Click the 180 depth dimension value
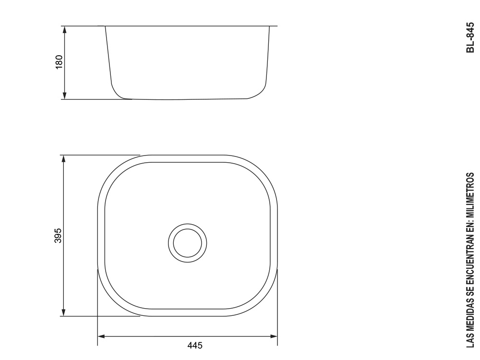59,62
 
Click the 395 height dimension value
59,236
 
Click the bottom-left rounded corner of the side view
118,94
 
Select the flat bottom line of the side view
187,99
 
